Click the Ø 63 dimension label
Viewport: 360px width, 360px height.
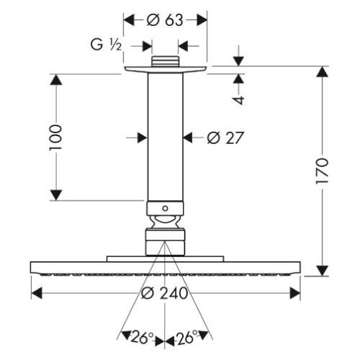pos(165,20)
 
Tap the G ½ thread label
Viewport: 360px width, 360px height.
pos(106,45)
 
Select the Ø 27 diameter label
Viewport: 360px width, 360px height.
pos(225,138)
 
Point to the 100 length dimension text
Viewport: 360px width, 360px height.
pos(56,138)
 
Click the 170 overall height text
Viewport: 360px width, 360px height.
pos(322,171)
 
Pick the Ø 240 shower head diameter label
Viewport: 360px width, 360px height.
pos(165,293)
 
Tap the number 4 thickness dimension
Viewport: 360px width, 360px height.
pos(238,100)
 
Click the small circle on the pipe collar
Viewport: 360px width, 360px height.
pos(165,208)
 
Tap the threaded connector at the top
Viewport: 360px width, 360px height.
pos(166,61)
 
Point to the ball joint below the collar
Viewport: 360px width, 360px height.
pos(165,222)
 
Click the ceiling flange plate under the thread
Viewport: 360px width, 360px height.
pos(166,69)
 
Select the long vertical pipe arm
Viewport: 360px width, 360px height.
pos(165,137)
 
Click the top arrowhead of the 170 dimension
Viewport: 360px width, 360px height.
pos(322,72)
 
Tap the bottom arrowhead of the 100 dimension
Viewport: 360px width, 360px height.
pos(56,194)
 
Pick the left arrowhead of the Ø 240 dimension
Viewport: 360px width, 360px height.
pos(37,293)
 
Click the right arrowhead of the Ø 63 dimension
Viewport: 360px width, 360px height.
pos(202,20)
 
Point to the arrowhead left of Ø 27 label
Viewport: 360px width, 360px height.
pos(142,138)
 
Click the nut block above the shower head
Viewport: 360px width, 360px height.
pos(165,242)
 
